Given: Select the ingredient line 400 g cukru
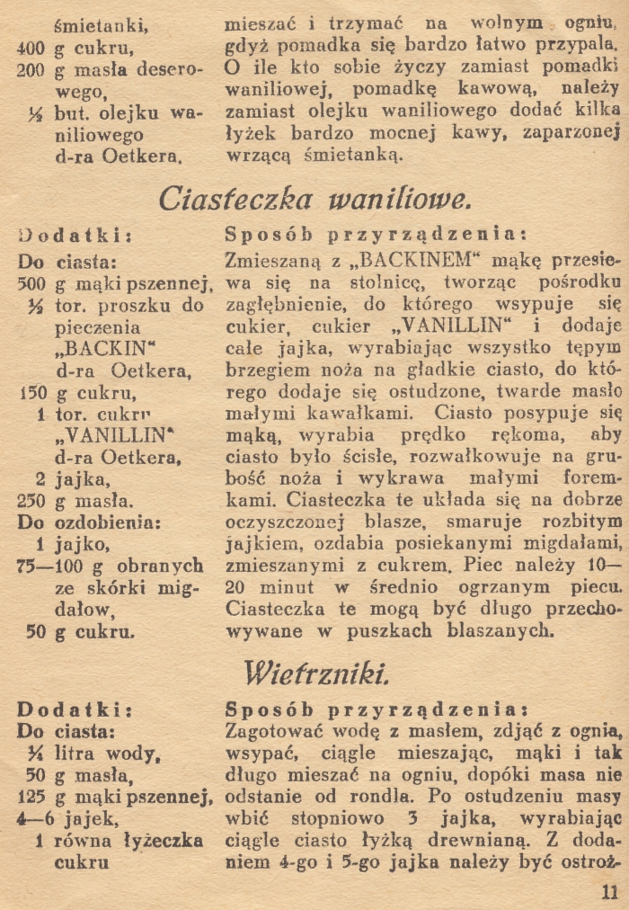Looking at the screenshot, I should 77,49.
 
